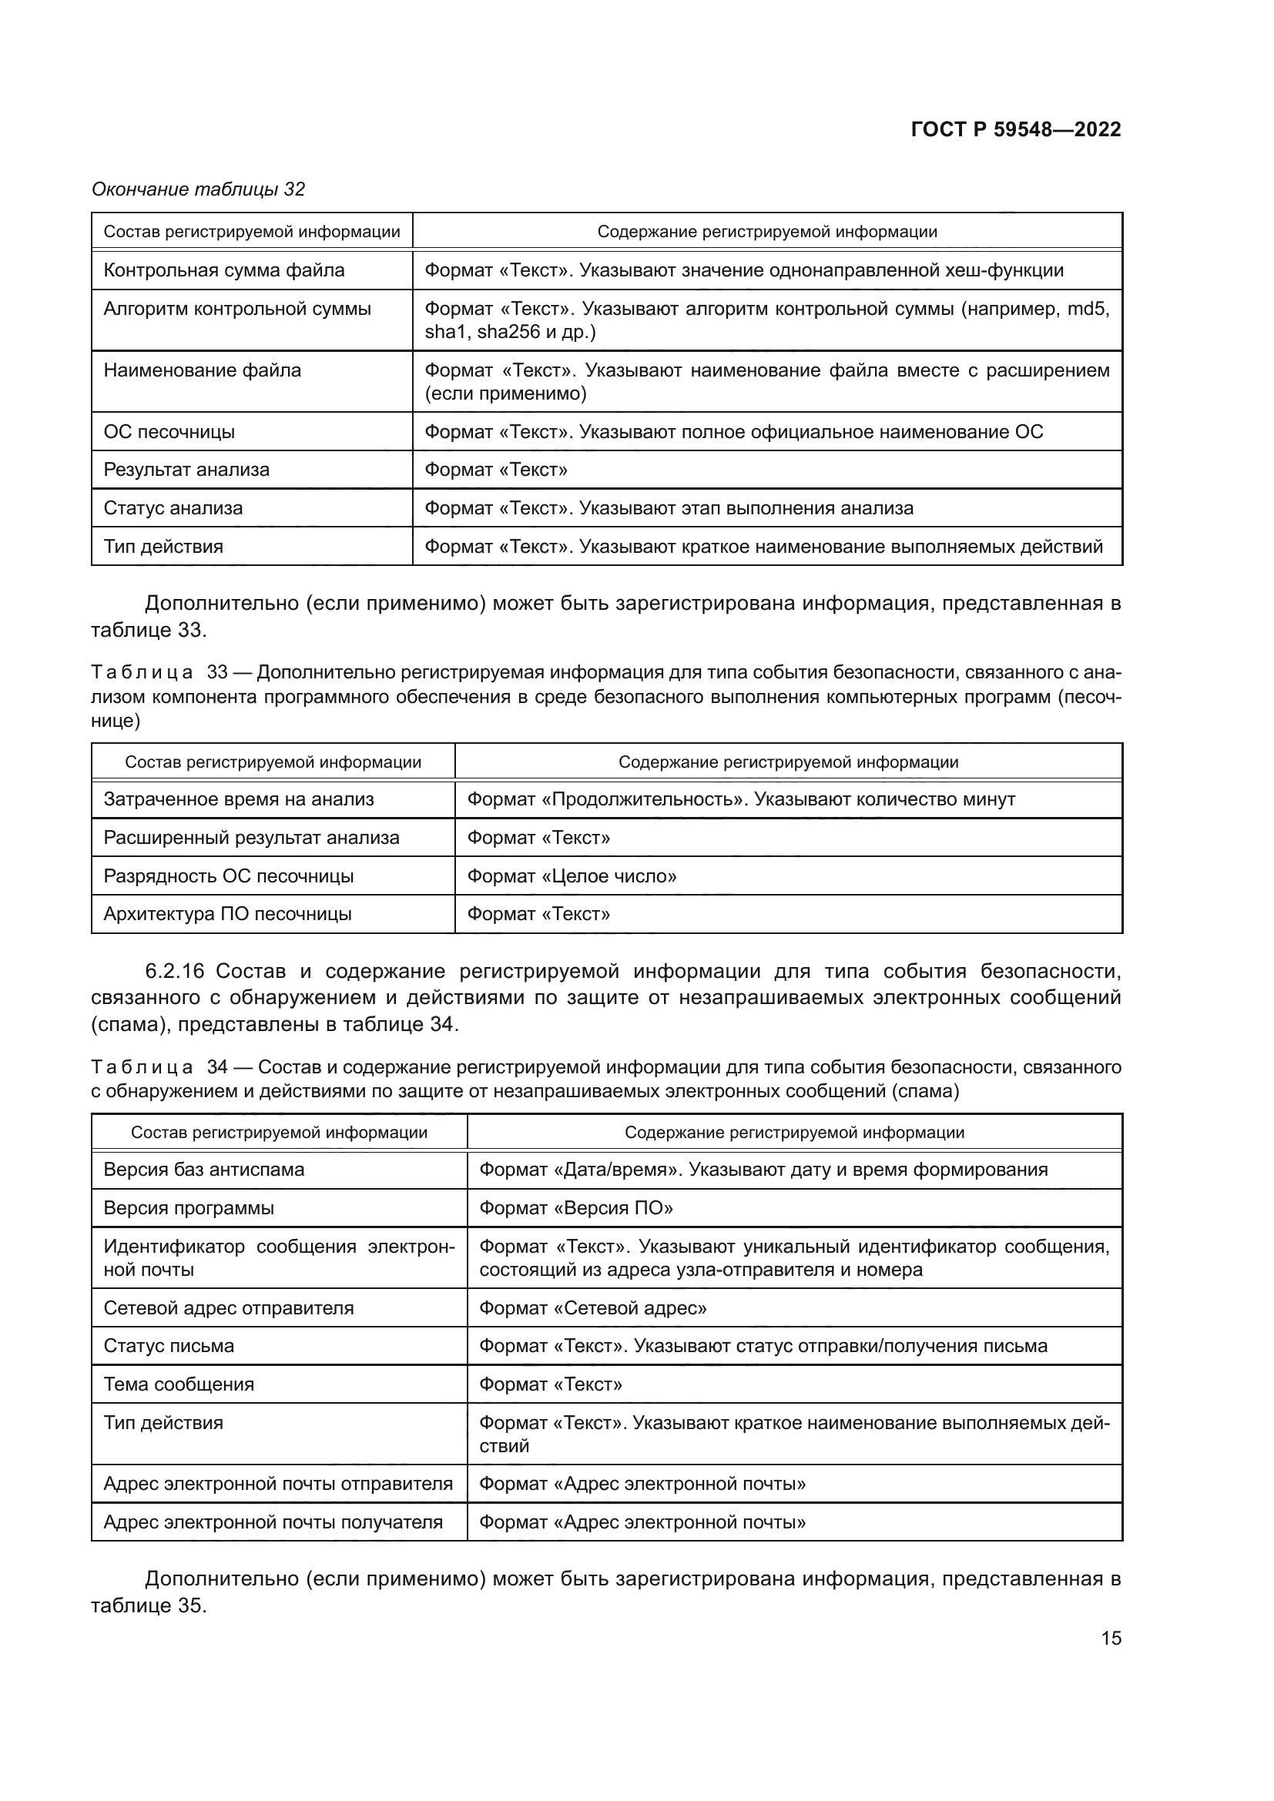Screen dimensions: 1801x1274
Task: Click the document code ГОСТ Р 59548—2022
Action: point(1015,130)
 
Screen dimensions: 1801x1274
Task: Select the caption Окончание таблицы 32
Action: point(199,189)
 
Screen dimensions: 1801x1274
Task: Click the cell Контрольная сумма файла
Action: point(224,270)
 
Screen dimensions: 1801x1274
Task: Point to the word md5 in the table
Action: point(1089,309)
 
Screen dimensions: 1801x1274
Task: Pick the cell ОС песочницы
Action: point(169,432)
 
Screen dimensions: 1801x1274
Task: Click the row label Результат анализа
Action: point(186,470)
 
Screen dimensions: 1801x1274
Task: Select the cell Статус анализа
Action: point(173,508)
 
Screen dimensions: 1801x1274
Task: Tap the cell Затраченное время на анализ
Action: point(239,799)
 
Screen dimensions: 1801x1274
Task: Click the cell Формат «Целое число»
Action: point(572,876)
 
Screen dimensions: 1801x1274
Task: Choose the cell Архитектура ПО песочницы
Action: point(227,914)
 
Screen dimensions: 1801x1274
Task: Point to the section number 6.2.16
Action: point(174,971)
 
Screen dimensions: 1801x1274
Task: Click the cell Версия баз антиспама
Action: point(204,1170)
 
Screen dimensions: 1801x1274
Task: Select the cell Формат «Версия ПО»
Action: point(576,1208)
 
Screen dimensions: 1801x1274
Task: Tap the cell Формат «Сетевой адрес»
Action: point(592,1308)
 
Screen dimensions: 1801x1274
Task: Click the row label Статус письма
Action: point(169,1346)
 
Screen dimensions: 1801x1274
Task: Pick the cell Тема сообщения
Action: point(179,1384)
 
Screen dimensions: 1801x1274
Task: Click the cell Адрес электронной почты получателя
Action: point(273,1522)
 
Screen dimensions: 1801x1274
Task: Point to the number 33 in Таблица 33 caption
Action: point(217,673)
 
